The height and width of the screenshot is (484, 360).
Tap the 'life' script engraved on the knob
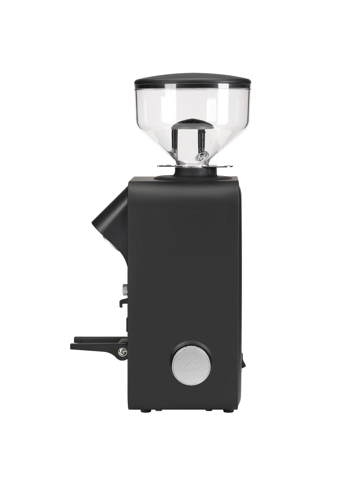click(192, 366)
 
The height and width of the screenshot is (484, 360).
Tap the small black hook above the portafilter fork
click(124, 302)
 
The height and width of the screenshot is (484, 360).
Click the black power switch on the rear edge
click(243, 360)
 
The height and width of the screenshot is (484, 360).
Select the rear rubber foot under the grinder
click(228, 410)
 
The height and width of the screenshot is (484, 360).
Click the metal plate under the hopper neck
click(195, 166)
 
